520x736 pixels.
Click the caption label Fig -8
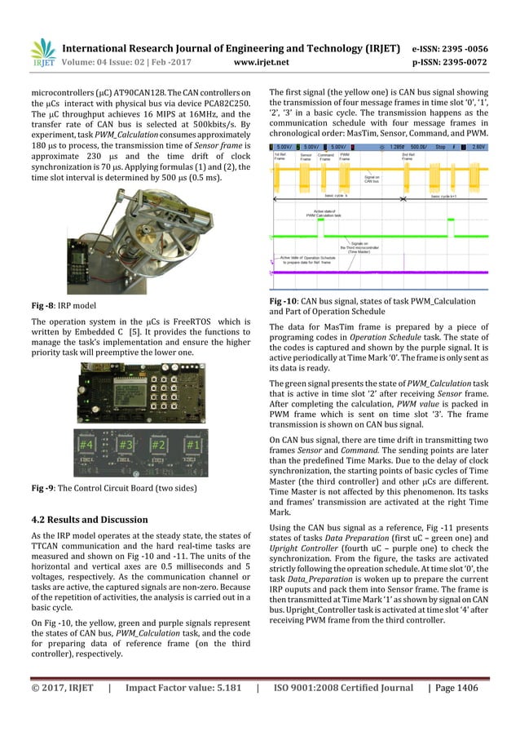pos(40,304)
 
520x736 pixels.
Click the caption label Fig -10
pos(288,302)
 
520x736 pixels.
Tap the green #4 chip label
pos(86,446)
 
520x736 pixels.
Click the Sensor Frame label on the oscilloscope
pos(306,155)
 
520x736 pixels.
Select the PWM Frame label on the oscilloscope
pos(346,155)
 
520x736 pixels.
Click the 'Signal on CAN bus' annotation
pos(372,179)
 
